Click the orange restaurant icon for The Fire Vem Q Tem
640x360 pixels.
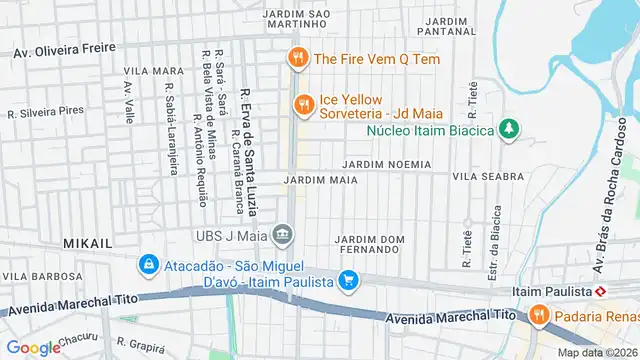296,59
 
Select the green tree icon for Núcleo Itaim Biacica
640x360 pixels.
510,130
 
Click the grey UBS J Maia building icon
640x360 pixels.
284,236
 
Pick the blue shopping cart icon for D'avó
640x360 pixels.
348,282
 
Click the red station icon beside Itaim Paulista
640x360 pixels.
601,291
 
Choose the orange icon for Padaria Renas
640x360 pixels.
539,316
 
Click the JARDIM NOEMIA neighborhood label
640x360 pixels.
386,164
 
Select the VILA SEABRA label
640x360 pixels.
488,176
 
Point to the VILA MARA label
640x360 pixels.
154,72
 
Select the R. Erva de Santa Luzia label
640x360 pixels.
249,151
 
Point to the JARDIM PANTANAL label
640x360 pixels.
447,27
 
